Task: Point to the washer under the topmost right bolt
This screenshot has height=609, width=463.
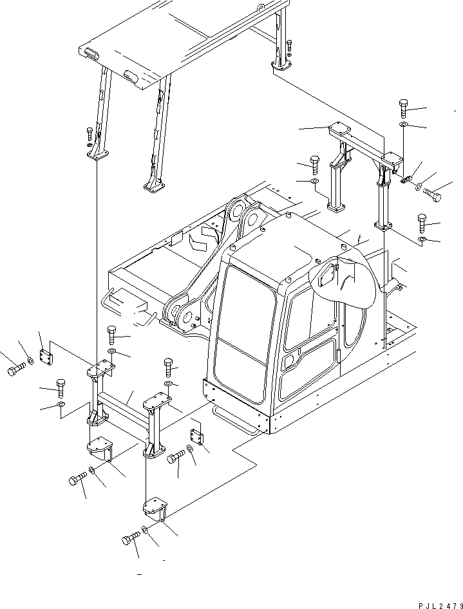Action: (x=402, y=124)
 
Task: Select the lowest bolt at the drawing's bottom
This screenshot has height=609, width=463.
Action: (x=131, y=539)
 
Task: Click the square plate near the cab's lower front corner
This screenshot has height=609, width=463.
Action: (x=198, y=437)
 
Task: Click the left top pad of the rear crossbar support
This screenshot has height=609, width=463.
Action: (x=338, y=129)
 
